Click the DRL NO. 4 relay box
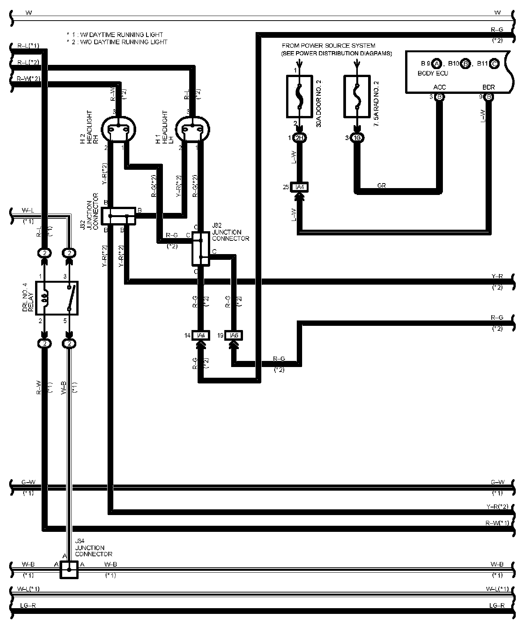point(57,298)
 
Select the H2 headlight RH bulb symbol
point(119,130)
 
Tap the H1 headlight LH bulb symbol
point(193,130)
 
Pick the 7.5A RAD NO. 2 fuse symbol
point(357,96)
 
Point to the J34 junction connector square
point(69,570)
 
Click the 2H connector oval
point(299,138)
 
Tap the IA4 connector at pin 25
point(299,187)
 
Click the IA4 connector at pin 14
point(201,335)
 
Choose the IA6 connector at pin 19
point(233,335)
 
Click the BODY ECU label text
point(433,73)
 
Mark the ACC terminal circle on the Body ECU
point(439,97)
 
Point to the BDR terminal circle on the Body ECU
point(489,97)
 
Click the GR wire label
point(381,185)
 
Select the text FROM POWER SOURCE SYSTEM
point(328,46)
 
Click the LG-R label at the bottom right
point(497,605)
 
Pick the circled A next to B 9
point(437,63)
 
